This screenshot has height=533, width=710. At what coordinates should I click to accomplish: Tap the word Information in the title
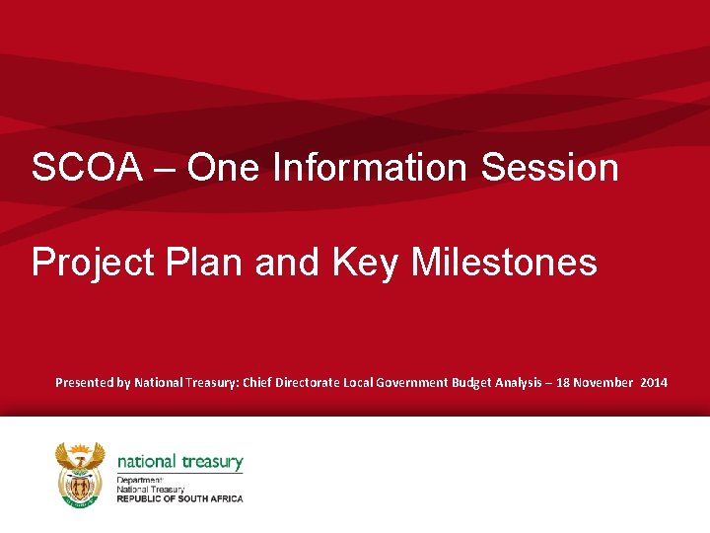point(372,168)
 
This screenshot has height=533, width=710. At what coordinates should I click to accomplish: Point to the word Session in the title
point(550,168)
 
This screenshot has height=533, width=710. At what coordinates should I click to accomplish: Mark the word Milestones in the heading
point(504,263)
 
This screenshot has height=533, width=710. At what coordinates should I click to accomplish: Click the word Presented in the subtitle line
point(84,382)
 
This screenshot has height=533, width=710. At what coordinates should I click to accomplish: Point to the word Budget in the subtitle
point(478,382)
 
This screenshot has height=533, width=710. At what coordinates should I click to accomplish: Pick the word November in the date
point(611,382)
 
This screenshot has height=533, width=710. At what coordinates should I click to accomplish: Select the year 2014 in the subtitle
point(654,382)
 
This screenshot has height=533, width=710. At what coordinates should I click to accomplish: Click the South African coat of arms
point(80,474)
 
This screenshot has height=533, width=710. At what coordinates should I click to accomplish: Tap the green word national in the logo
point(146,461)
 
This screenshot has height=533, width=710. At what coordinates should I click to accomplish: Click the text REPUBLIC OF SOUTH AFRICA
point(179,498)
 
